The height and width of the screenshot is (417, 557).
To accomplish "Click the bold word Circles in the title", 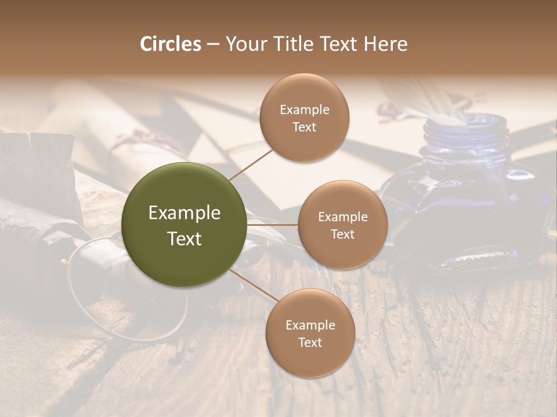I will tap(171, 44).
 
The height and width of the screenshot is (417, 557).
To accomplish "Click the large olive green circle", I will tap(185, 225).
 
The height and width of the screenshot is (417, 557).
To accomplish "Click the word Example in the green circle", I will tap(185, 213).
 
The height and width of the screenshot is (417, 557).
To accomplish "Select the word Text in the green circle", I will tap(185, 238).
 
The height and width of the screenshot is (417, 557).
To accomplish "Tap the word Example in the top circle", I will tap(305, 109).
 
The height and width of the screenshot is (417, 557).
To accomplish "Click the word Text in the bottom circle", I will tap(310, 342).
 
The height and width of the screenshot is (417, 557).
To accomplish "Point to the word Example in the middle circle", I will tap(343, 217).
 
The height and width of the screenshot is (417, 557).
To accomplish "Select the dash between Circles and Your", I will tap(213, 44).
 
